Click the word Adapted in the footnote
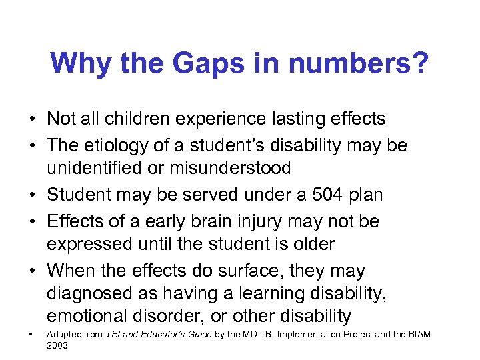62,333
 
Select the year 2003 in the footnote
57,346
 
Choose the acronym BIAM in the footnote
418,333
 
